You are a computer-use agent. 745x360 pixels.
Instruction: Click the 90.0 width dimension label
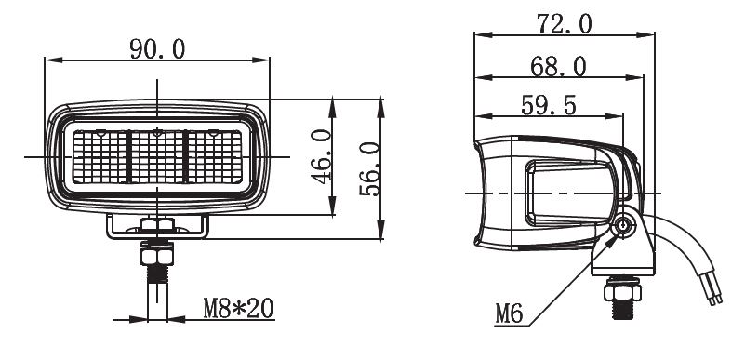point(157,49)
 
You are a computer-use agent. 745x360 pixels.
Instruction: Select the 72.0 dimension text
point(565,24)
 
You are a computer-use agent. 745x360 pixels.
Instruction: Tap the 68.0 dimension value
point(558,67)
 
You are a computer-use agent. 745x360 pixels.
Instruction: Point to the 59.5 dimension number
point(549,105)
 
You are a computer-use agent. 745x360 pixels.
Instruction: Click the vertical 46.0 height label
point(321,156)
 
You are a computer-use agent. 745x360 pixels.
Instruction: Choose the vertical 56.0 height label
point(369,169)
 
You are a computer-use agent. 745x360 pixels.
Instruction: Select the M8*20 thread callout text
point(238,308)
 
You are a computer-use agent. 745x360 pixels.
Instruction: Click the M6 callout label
point(509,313)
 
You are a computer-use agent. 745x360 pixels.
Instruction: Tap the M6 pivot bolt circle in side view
point(622,226)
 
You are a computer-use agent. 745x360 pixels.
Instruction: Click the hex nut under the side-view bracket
point(622,291)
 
